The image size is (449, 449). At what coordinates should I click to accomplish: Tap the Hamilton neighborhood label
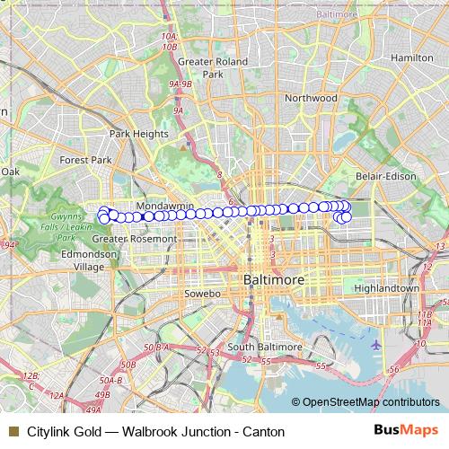tap(412, 57)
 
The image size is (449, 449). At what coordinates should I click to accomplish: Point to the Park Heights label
tap(139, 134)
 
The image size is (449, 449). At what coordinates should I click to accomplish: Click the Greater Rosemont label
tap(135, 240)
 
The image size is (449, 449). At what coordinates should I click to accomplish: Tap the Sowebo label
tap(202, 294)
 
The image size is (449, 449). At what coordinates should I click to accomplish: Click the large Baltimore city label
tap(274, 280)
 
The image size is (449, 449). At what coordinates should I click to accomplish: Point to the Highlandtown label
tap(387, 288)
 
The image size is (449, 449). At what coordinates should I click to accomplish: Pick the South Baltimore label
tap(257, 347)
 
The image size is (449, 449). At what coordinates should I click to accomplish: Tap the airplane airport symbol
tap(375, 344)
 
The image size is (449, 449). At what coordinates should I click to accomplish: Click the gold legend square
tap(12, 431)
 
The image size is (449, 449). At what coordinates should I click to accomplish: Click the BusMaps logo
tap(405, 430)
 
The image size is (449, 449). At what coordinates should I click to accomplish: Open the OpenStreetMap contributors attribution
tap(370, 402)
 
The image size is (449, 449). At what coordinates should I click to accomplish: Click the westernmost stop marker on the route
tap(103, 216)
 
